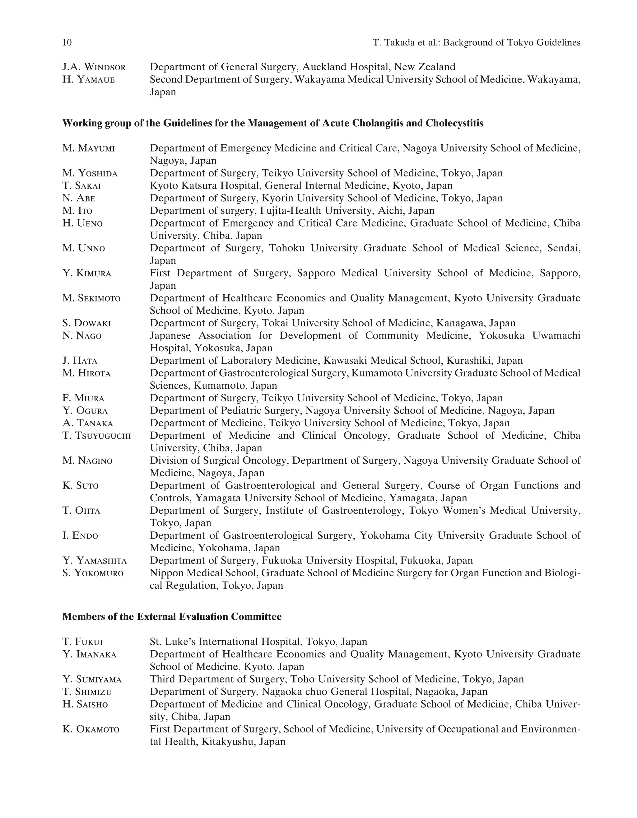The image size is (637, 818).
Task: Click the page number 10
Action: (x=67, y=42)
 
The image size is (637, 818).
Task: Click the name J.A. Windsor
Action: (x=94, y=67)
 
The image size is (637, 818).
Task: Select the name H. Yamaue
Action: (x=89, y=79)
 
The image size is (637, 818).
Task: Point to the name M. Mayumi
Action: (x=89, y=148)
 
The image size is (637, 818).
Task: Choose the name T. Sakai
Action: (x=81, y=186)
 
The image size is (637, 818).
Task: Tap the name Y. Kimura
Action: (x=87, y=273)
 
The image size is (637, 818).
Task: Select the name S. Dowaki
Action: (x=86, y=323)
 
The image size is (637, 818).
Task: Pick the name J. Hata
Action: (x=80, y=361)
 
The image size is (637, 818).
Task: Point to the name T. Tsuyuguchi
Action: (x=97, y=436)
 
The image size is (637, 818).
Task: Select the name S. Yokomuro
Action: (x=93, y=573)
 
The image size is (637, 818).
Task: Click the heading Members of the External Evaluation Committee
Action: (x=172, y=616)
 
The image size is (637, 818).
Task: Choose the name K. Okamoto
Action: (x=91, y=729)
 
